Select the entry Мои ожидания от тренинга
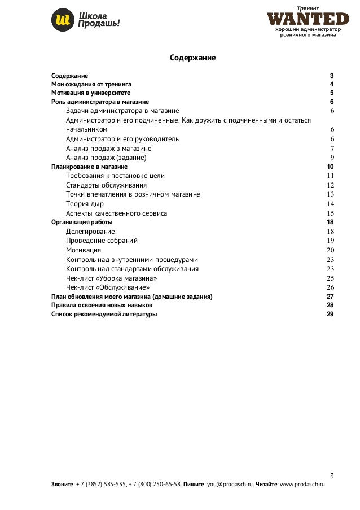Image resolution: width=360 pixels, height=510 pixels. click(91, 84)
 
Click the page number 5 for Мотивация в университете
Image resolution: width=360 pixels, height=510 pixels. click(332, 93)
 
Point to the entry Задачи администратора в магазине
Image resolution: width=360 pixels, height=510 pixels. click(122, 111)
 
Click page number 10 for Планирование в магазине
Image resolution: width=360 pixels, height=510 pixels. click(330, 167)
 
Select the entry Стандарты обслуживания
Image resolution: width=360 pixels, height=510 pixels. click(106, 185)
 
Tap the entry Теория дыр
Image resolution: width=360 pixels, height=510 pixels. click(85, 204)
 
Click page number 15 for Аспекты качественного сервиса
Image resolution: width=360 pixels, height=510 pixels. click(331, 213)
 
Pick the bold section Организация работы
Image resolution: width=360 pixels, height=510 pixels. click(81, 223)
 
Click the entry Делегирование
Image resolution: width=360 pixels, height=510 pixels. click(90, 232)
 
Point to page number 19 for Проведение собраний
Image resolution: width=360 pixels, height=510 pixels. click(331, 241)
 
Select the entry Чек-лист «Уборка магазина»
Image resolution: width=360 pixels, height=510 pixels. click(111, 278)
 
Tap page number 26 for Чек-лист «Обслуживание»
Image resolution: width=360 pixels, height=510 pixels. click(331, 287)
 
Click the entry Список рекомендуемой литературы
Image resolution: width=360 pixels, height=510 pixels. click(104, 314)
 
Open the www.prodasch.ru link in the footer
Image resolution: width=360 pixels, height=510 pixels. click(302, 485)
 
